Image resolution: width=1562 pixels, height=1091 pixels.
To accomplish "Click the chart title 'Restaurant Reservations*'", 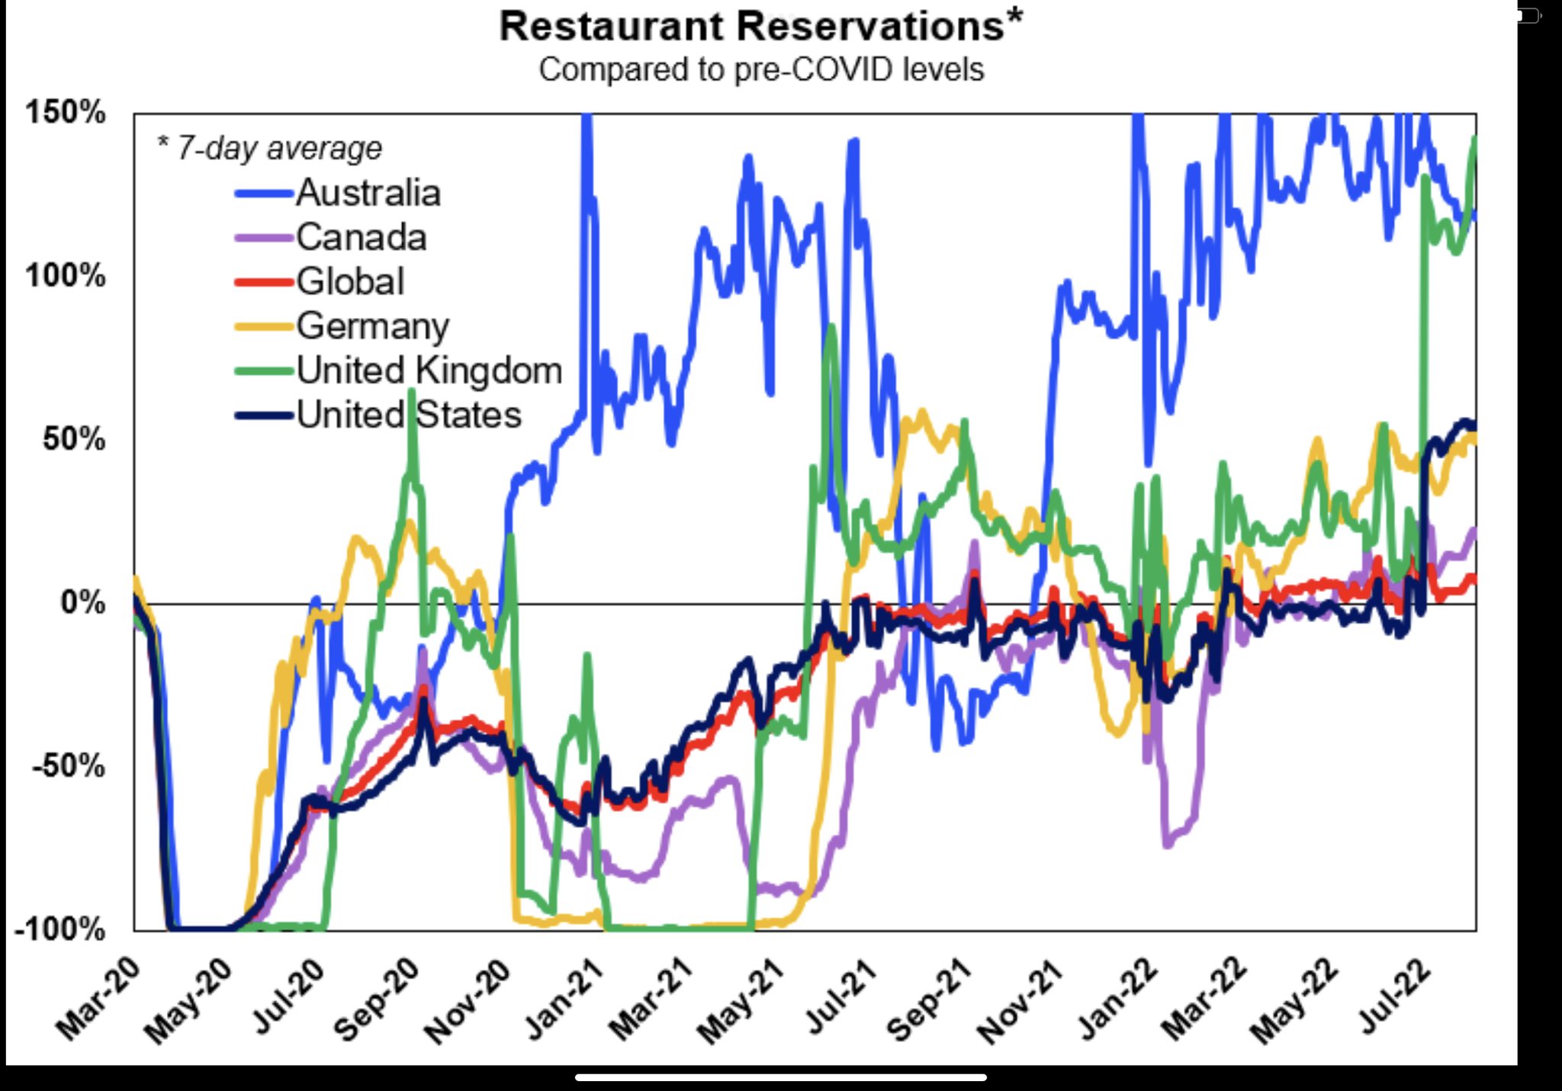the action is point(760,27).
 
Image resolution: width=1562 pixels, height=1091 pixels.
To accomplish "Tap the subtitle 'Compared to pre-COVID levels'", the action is point(761,69).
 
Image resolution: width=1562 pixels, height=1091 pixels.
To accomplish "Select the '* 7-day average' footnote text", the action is point(269,148).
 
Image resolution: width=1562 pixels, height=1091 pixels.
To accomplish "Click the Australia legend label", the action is point(368,192).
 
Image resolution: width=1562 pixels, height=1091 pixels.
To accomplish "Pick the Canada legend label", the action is point(361,237).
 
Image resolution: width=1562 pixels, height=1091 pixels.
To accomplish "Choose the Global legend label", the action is point(350,281).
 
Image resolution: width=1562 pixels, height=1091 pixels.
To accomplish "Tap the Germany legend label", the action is point(373,326).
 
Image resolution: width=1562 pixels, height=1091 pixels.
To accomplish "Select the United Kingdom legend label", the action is point(429,371).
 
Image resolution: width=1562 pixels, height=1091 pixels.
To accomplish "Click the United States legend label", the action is point(409,415).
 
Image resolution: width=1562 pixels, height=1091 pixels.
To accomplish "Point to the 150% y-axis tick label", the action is point(65,112).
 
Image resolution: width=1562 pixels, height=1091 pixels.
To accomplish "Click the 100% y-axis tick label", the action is point(65,275).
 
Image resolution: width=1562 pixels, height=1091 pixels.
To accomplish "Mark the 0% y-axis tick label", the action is point(82,602).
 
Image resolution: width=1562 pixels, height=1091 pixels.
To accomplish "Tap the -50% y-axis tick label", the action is point(69,765).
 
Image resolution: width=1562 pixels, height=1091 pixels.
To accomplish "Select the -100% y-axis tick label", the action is point(59,929).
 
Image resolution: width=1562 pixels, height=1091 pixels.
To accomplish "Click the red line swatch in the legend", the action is point(264,282).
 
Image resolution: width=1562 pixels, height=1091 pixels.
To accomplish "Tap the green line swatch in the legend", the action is point(264,371).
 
